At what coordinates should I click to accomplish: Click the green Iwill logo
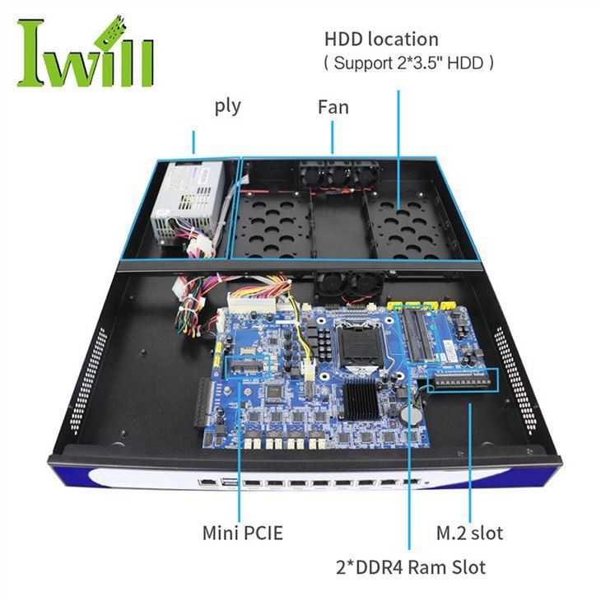(85, 51)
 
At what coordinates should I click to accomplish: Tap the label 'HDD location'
(381, 39)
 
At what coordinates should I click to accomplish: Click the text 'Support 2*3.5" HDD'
(409, 63)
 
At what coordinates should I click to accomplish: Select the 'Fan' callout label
(333, 107)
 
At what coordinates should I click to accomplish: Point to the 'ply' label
(227, 106)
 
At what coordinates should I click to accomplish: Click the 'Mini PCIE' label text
(242, 533)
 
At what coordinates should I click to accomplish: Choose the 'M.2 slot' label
(468, 533)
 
